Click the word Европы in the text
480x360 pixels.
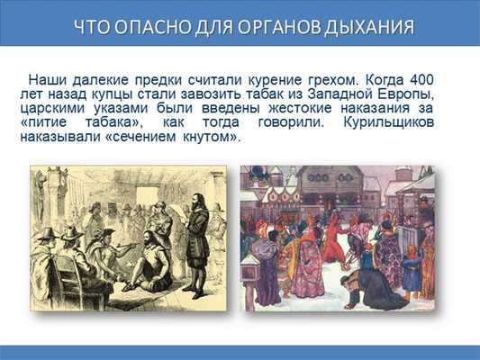(410, 93)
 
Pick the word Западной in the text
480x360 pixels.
(346, 93)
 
